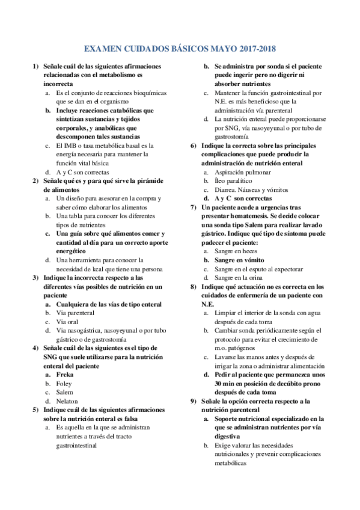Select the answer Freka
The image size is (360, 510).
click(x=64, y=374)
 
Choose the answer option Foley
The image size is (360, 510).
click(x=64, y=383)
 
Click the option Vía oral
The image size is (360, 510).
click(x=67, y=322)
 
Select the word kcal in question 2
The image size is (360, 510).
click(x=108, y=269)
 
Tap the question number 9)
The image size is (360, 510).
click(x=192, y=401)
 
